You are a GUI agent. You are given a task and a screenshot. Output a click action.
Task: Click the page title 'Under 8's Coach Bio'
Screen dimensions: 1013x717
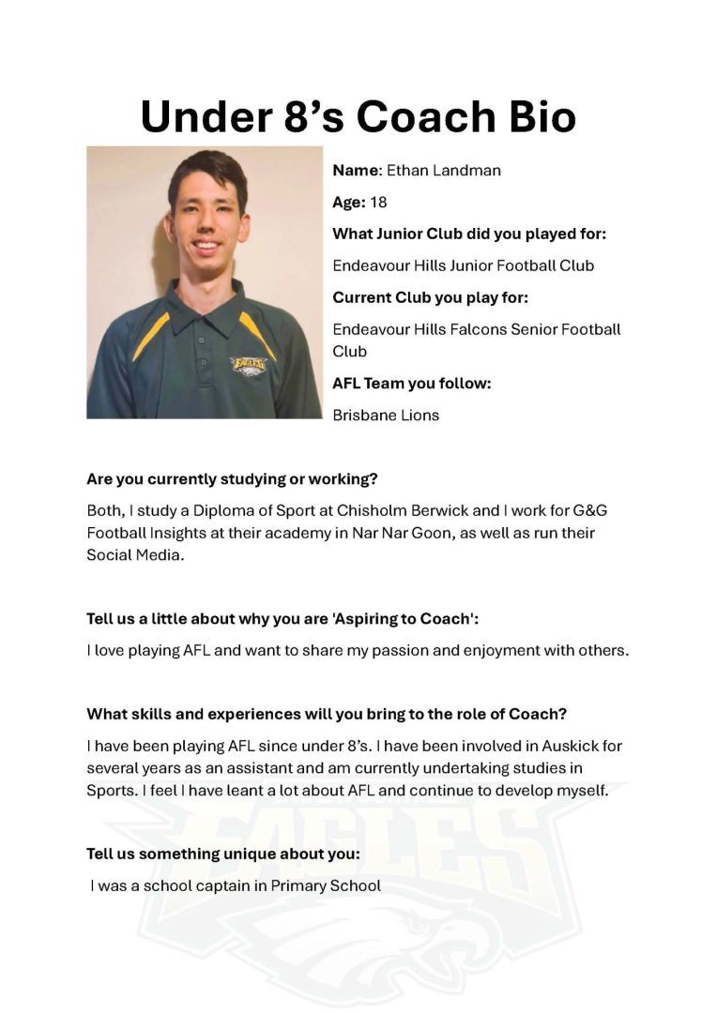(358, 117)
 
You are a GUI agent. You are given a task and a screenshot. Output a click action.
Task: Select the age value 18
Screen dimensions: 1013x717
(378, 203)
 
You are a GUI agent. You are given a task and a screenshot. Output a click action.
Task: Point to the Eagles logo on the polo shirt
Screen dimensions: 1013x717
(250, 364)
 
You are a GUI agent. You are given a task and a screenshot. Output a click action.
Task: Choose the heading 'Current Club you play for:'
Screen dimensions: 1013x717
(430, 298)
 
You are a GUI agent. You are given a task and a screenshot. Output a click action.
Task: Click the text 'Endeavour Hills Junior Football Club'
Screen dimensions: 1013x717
(463, 265)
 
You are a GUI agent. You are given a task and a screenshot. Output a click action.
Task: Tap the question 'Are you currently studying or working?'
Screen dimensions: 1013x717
(232, 479)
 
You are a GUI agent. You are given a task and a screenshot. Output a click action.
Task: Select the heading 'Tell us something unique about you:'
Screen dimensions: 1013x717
(223, 854)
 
